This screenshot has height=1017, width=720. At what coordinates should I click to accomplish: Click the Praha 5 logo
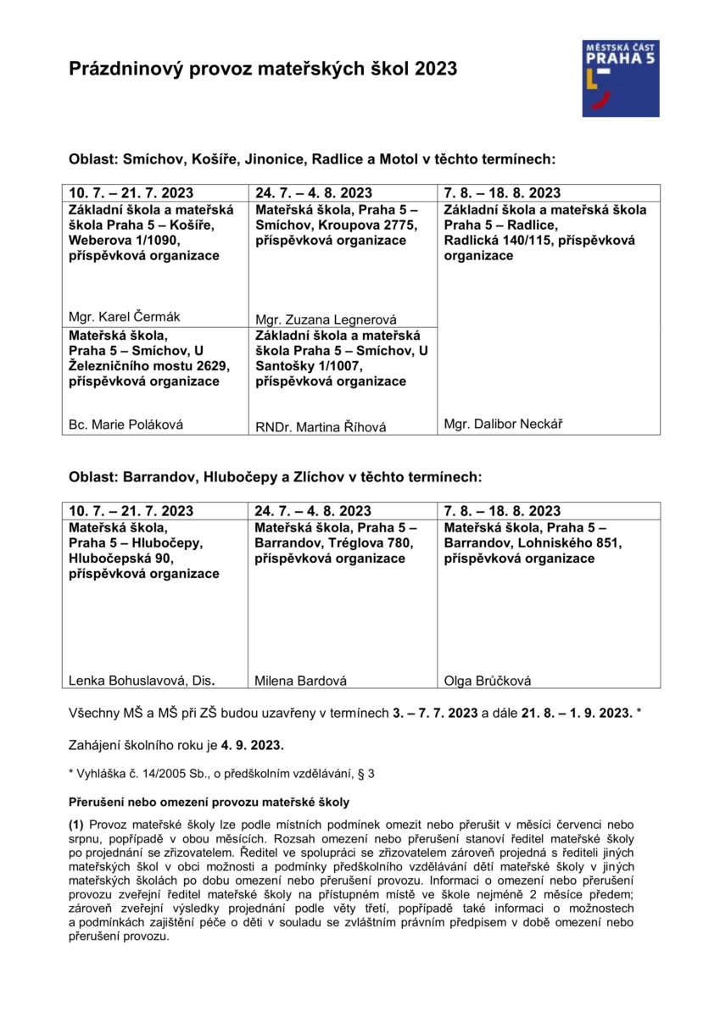click(x=620, y=78)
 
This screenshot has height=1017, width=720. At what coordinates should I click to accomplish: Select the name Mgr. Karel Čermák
click(x=124, y=317)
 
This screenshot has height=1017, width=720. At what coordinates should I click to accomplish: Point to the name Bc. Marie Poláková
click(x=126, y=425)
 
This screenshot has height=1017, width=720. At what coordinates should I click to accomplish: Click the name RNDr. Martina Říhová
click(x=321, y=427)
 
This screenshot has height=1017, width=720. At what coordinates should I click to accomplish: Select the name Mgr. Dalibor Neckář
click(x=503, y=424)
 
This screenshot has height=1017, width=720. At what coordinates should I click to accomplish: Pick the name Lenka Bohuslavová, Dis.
click(x=142, y=679)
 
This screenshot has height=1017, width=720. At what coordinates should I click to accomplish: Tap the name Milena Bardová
click(x=301, y=680)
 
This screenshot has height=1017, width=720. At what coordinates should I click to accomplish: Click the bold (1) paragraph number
click(x=76, y=824)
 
